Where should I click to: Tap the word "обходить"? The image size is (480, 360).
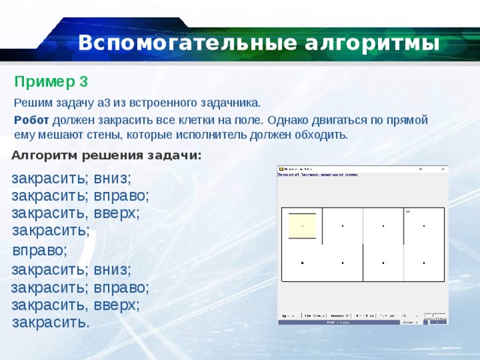click(324, 135)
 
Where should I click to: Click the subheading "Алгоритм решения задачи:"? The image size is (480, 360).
click(106, 155)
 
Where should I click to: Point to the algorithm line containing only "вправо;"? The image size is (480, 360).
click(40, 250)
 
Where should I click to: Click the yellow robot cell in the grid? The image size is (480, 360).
click(302, 223)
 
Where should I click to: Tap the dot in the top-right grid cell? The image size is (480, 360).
click(424, 226)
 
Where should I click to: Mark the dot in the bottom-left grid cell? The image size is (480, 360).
click(302, 263)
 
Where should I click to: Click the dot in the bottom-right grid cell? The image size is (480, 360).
click(424, 263)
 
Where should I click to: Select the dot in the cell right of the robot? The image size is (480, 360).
click(343, 226)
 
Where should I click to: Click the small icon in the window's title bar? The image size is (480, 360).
click(281, 169)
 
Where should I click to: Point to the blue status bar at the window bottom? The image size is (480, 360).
click(363, 322)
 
